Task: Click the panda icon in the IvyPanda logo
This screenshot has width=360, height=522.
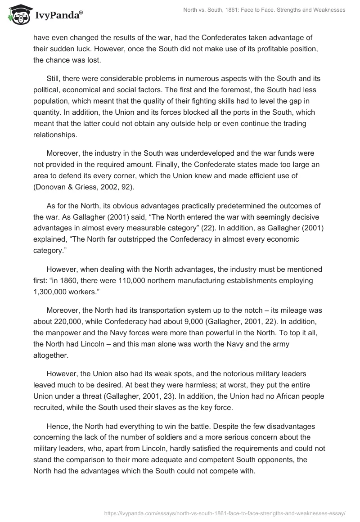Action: (x=17, y=15)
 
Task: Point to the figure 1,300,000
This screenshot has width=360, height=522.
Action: (x=52, y=292)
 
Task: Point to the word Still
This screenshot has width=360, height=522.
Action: (x=54, y=79)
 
